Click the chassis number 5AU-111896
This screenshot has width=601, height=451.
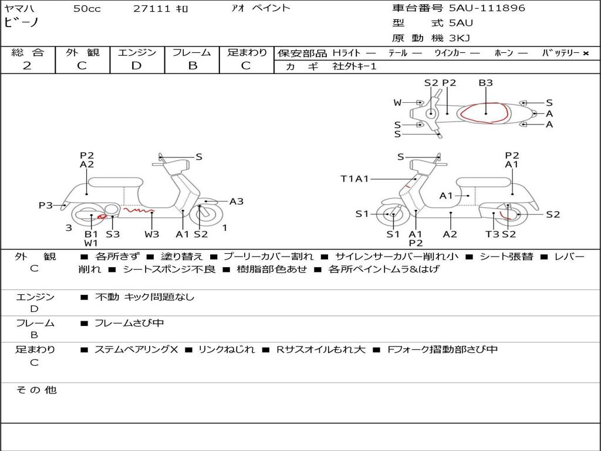[x=487, y=8]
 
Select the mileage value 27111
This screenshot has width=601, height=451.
[x=152, y=9]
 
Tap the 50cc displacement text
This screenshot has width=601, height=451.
[x=87, y=9]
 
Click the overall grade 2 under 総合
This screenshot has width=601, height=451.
[x=27, y=66]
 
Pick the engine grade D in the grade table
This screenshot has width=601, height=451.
[x=136, y=66]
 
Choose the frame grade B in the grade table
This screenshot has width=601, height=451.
[x=193, y=66]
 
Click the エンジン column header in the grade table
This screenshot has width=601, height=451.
[x=137, y=52]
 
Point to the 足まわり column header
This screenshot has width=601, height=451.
[x=247, y=52]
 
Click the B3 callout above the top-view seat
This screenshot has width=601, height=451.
[x=485, y=83]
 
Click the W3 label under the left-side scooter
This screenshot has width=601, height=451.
[x=152, y=234]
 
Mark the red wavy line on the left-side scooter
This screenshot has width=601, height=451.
[x=139, y=210]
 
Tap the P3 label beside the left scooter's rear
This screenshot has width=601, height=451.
[x=46, y=206]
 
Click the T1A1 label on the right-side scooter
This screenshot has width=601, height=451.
[x=354, y=179]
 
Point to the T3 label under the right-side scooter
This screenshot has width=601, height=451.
[x=492, y=234]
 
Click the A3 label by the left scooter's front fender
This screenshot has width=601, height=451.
[x=237, y=201]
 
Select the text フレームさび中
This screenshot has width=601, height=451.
[x=129, y=323]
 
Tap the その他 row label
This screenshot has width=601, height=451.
[x=36, y=390]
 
